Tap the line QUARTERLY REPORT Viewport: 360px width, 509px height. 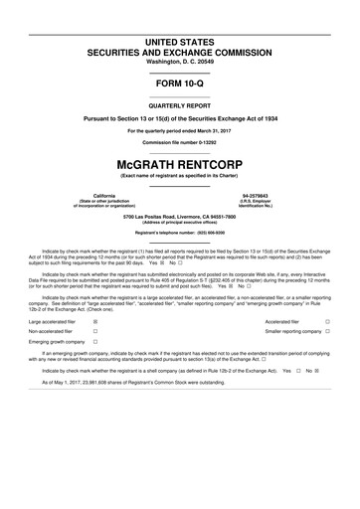click(179, 103)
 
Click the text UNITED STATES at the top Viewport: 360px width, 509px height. click(179, 41)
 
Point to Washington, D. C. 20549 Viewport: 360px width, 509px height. click(179, 63)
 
